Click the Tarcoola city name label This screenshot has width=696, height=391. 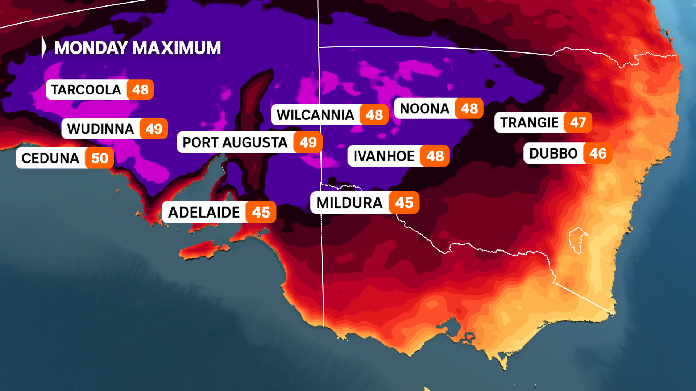pos(86,90)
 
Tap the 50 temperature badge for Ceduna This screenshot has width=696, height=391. pos(100,158)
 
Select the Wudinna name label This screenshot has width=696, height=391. pos(100,129)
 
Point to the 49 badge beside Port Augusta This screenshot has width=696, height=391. pos(308,142)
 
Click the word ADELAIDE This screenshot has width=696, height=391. pos(204,212)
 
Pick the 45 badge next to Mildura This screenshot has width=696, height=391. pos(404,203)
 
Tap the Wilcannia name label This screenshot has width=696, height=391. pos(315,115)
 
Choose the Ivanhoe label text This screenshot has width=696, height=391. pos(384,156)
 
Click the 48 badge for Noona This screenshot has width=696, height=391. pos(469,108)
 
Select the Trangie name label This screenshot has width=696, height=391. pos(529,123)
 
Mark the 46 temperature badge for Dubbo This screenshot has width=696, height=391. pos(598,154)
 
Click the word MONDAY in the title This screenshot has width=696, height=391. pos(91,48)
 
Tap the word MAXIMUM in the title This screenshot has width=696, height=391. pos(177,48)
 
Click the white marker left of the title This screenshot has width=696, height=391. pos(44,47)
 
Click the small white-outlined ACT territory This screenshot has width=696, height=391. pos(577,239)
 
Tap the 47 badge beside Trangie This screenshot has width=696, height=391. pos(578,123)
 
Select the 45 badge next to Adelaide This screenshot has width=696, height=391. pos(261,212)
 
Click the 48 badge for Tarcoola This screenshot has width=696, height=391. pos(140,90)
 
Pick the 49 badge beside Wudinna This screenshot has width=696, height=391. pos(154,129)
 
